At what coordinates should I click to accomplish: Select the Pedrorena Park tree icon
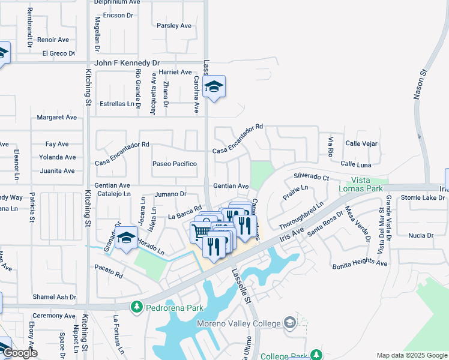[x=137, y=307]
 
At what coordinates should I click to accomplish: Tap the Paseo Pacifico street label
[x=175, y=164]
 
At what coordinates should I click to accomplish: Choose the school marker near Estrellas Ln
[x=214, y=88]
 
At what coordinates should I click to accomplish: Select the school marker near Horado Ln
[x=127, y=239]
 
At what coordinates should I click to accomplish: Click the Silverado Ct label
[x=312, y=178]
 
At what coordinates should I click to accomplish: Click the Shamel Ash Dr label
[x=55, y=297]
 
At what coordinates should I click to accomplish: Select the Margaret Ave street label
[x=57, y=118]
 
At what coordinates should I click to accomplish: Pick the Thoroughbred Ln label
[x=301, y=215]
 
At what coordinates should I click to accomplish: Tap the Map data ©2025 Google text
[x=412, y=355]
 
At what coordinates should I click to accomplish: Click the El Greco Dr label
[x=58, y=53]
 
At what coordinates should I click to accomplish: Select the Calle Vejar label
[x=361, y=143]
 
